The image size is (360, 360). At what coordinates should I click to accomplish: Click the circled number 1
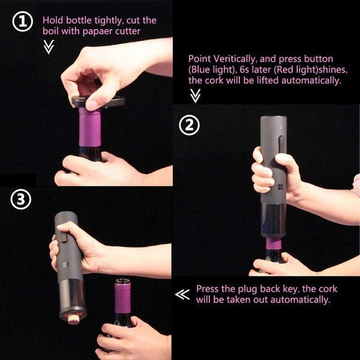click(x=23, y=22)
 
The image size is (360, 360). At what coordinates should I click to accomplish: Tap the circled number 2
click(x=189, y=125)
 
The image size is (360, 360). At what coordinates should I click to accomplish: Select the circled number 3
click(x=20, y=199)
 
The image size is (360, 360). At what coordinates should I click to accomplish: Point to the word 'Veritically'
click(x=234, y=59)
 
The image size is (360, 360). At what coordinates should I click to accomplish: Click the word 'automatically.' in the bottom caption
click(x=301, y=299)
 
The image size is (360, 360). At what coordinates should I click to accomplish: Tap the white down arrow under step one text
click(x=49, y=47)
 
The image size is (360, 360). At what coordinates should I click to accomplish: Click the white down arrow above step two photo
click(x=195, y=96)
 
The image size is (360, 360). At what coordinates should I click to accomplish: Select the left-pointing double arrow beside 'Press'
click(x=182, y=295)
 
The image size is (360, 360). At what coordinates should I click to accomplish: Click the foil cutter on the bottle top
click(x=98, y=101)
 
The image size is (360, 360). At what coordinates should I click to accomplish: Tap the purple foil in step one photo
click(x=90, y=127)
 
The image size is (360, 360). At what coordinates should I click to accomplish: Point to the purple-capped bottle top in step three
click(x=122, y=296)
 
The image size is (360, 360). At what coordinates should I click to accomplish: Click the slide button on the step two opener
click(x=281, y=144)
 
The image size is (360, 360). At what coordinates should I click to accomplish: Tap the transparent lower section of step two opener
click(x=274, y=221)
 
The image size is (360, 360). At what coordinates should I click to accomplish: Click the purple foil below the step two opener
click(x=274, y=244)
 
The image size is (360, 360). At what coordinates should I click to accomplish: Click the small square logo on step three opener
click(x=65, y=265)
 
